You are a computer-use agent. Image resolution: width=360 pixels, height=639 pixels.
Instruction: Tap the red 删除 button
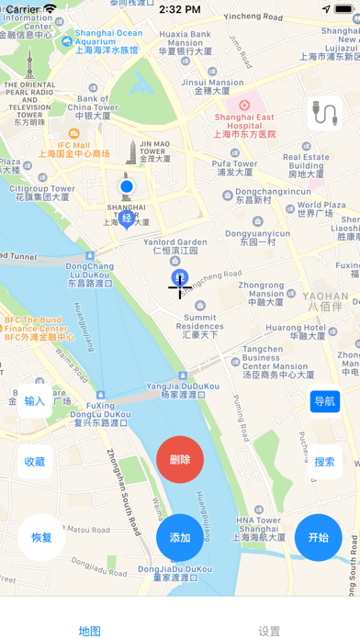tap(180, 460)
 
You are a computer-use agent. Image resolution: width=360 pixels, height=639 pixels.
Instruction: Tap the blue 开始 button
tap(319, 538)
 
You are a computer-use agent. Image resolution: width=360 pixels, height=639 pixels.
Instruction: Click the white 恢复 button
tap(41, 538)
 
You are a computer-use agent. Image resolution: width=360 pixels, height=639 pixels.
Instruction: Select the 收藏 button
tap(35, 462)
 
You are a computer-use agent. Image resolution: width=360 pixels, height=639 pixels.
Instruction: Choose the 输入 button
tap(35, 401)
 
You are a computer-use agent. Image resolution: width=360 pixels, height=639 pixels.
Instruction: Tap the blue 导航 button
tap(325, 401)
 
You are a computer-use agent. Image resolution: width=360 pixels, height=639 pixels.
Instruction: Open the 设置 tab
tap(269, 631)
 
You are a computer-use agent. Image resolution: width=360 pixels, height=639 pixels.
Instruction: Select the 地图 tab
tap(90, 631)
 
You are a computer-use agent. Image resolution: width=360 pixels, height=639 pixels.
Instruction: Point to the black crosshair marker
tap(179, 286)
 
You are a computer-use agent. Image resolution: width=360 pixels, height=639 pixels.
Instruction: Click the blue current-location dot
tap(127, 187)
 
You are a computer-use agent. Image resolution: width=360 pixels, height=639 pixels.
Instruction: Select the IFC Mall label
tap(75, 149)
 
